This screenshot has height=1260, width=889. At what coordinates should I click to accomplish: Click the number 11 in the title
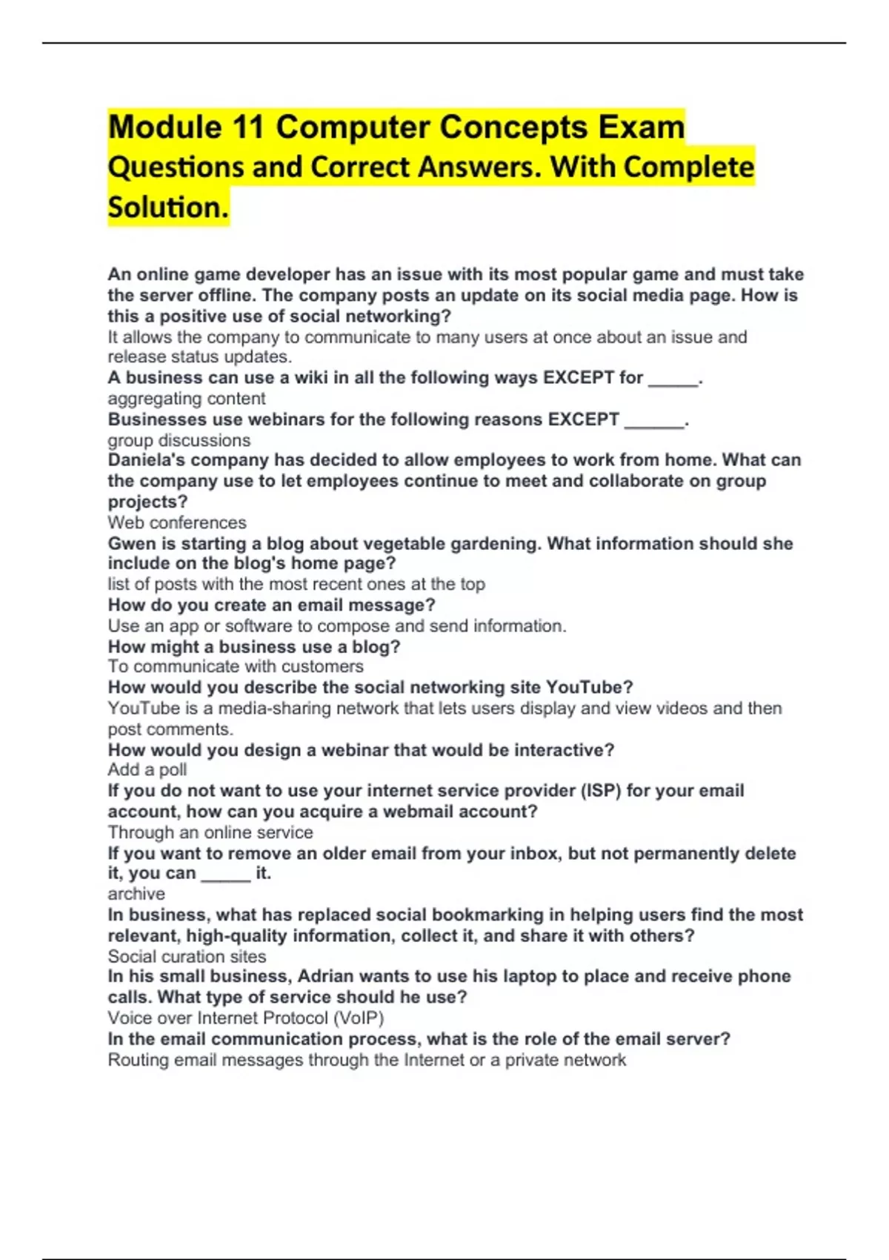coord(247,127)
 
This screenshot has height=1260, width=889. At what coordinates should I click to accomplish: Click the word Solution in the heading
coord(167,208)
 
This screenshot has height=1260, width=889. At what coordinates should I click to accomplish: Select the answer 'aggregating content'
coord(187,399)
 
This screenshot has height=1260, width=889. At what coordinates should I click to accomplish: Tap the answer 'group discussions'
coord(179,440)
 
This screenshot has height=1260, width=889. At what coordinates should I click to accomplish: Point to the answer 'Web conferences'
coord(177,523)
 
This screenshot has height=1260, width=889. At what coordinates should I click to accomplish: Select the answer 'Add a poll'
coord(147,770)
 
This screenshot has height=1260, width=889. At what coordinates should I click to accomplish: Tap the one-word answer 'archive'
coord(136,894)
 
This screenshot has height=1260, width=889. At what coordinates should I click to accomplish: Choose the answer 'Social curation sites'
coord(187,956)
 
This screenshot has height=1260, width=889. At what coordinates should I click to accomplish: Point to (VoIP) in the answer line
coord(359,1018)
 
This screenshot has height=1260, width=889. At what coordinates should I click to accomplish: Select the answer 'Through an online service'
coord(210,832)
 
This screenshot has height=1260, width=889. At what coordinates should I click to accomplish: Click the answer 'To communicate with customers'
coord(236,666)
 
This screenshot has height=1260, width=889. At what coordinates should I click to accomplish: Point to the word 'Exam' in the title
coord(642,127)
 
